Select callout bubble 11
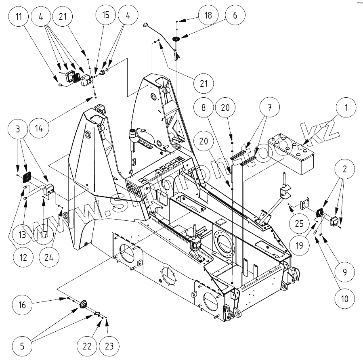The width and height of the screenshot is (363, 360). (19, 17)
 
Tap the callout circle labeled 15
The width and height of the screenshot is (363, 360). (105, 16)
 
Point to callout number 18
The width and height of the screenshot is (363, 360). (208, 16)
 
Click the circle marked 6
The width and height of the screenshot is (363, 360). (235, 16)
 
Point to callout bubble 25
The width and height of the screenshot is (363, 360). (299, 223)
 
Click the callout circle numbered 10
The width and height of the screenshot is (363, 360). (344, 299)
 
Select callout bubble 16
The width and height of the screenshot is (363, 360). (23, 305)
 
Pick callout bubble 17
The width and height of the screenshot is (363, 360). (46, 234)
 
